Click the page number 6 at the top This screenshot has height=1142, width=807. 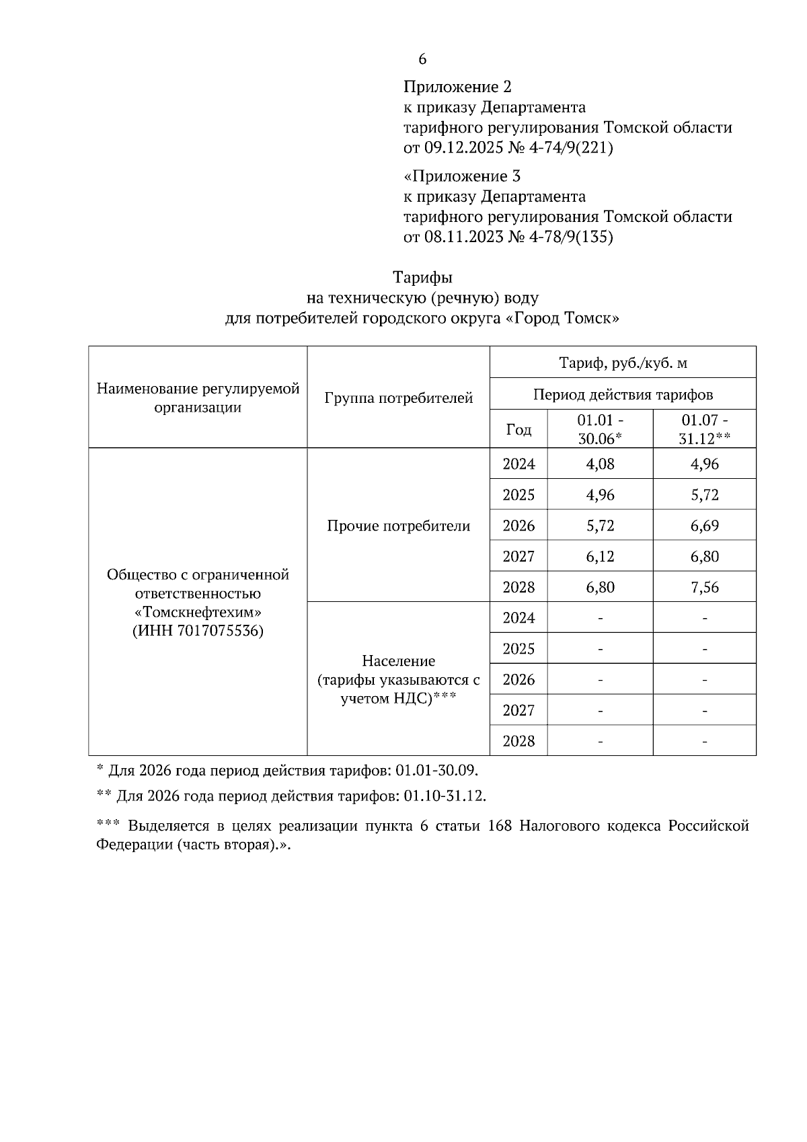point(422,59)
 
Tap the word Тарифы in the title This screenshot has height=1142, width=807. point(422,278)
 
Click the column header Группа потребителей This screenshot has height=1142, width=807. point(398,398)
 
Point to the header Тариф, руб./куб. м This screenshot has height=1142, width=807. point(623,364)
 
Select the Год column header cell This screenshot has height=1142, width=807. point(518,429)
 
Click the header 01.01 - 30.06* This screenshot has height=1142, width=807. point(600,429)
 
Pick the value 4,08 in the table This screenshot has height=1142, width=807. point(600,464)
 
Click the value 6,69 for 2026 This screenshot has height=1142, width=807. point(704,526)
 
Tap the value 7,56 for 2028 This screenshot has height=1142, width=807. point(704,588)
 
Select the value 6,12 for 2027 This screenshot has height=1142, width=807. point(600,557)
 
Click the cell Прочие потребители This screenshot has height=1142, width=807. point(398,526)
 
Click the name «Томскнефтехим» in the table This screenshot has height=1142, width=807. point(198,613)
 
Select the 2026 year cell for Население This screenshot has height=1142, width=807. point(518,680)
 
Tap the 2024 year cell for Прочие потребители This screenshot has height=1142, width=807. point(518,464)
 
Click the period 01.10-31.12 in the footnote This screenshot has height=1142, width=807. point(444,796)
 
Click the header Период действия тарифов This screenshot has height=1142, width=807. point(623,395)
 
